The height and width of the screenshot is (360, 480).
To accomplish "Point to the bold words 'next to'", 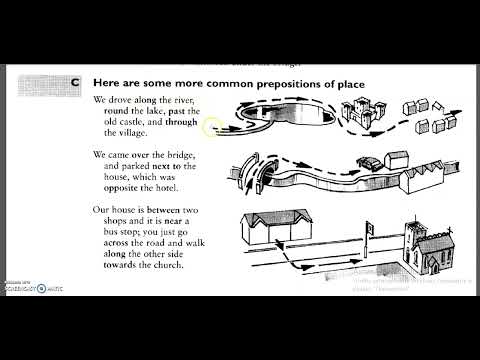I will (175, 167).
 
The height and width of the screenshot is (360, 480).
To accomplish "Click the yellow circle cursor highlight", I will (211, 127).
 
